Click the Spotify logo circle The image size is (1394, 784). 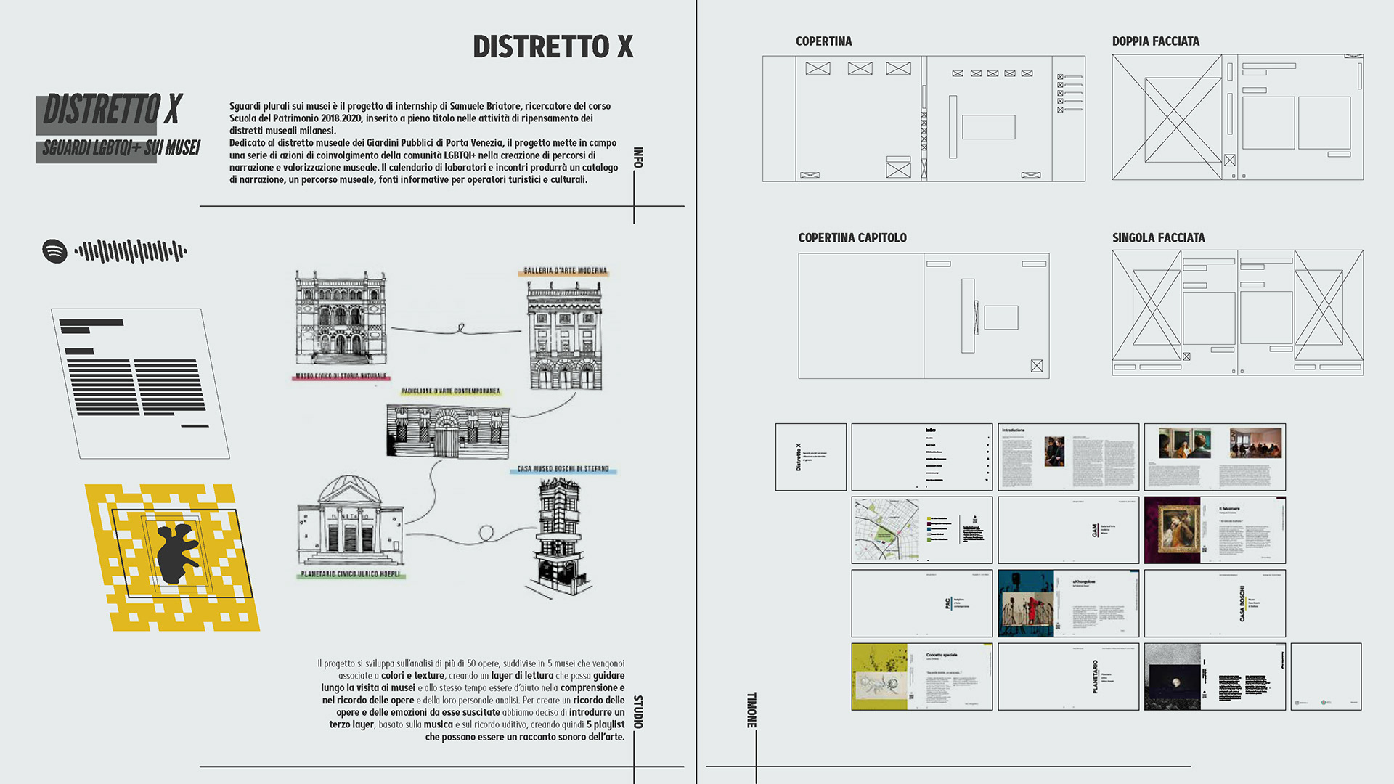tap(54, 251)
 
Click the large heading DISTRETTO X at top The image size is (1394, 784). tap(553, 46)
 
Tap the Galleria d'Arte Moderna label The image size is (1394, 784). tap(565, 271)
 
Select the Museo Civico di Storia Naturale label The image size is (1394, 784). tap(341, 377)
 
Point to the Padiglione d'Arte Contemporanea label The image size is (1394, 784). tap(450, 391)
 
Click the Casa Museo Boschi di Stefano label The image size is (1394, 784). tap(563, 470)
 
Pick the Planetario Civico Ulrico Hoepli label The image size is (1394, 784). tap(350, 574)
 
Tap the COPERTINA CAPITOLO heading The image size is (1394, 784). tap(852, 238)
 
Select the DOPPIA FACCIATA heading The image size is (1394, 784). tap(1155, 41)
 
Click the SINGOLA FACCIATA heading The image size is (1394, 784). tap(1158, 238)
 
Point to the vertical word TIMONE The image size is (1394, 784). tap(751, 709)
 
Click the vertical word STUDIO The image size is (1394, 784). tap(637, 711)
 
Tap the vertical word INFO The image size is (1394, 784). tap(637, 158)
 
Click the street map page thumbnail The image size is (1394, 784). tap(886, 530)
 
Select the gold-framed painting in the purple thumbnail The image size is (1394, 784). tap(1173, 530)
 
